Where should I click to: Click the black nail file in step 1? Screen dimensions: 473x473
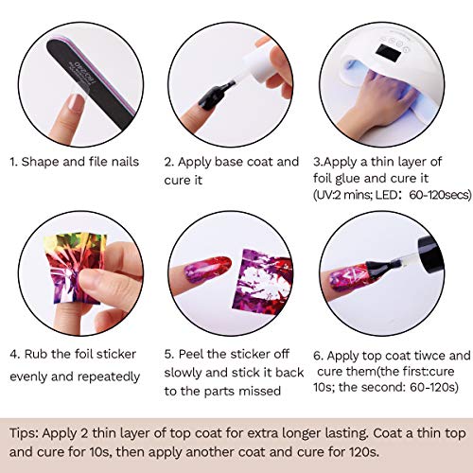coord(92,83)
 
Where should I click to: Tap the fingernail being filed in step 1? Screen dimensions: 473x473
coord(77,103)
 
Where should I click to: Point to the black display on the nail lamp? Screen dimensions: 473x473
coord(389,53)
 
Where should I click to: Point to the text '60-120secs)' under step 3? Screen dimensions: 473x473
coord(440,195)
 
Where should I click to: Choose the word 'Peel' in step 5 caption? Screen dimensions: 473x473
coord(191,354)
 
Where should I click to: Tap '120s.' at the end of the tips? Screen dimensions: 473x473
coord(364,452)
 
